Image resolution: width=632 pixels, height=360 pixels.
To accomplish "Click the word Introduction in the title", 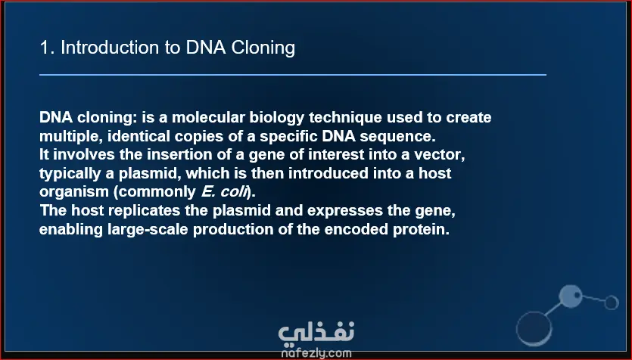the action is [x=110, y=48].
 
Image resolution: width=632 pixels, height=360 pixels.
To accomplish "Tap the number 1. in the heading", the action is [x=47, y=48].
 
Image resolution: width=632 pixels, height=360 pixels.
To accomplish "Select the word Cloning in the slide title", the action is [x=263, y=48].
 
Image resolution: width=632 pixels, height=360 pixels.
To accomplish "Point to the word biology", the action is [x=277, y=118].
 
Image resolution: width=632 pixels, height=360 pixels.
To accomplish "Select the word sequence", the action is [x=398, y=136].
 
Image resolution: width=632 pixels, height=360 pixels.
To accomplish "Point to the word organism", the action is [x=74, y=192].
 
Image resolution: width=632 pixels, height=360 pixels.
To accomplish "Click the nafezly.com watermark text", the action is [x=316, y=353].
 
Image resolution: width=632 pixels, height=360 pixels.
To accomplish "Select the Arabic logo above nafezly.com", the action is [x=316, y=334].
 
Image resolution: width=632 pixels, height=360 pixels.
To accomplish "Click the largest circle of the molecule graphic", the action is [x=534, y=328].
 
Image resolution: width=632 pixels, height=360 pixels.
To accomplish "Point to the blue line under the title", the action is [x=293, y=75].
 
